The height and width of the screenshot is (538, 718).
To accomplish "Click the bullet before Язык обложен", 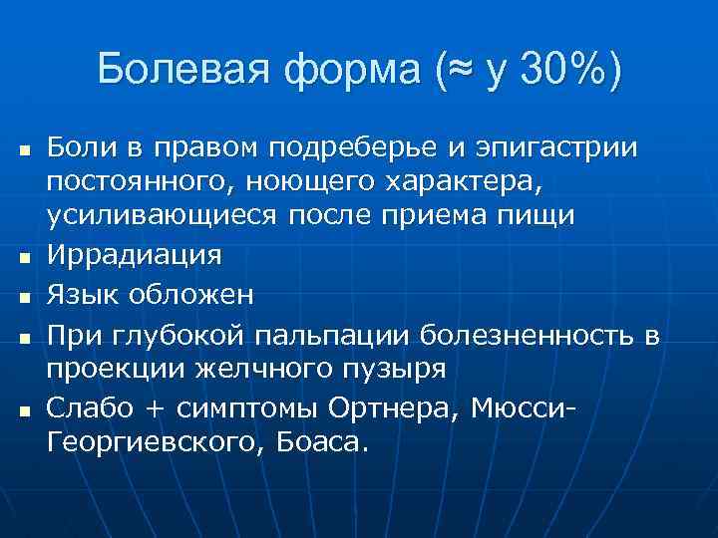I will (23, 295).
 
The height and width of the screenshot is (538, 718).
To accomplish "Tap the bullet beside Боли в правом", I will (23, 149).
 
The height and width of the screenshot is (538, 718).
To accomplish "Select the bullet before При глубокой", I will (23, 333).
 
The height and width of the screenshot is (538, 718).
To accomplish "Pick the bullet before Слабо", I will (23, 406).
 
